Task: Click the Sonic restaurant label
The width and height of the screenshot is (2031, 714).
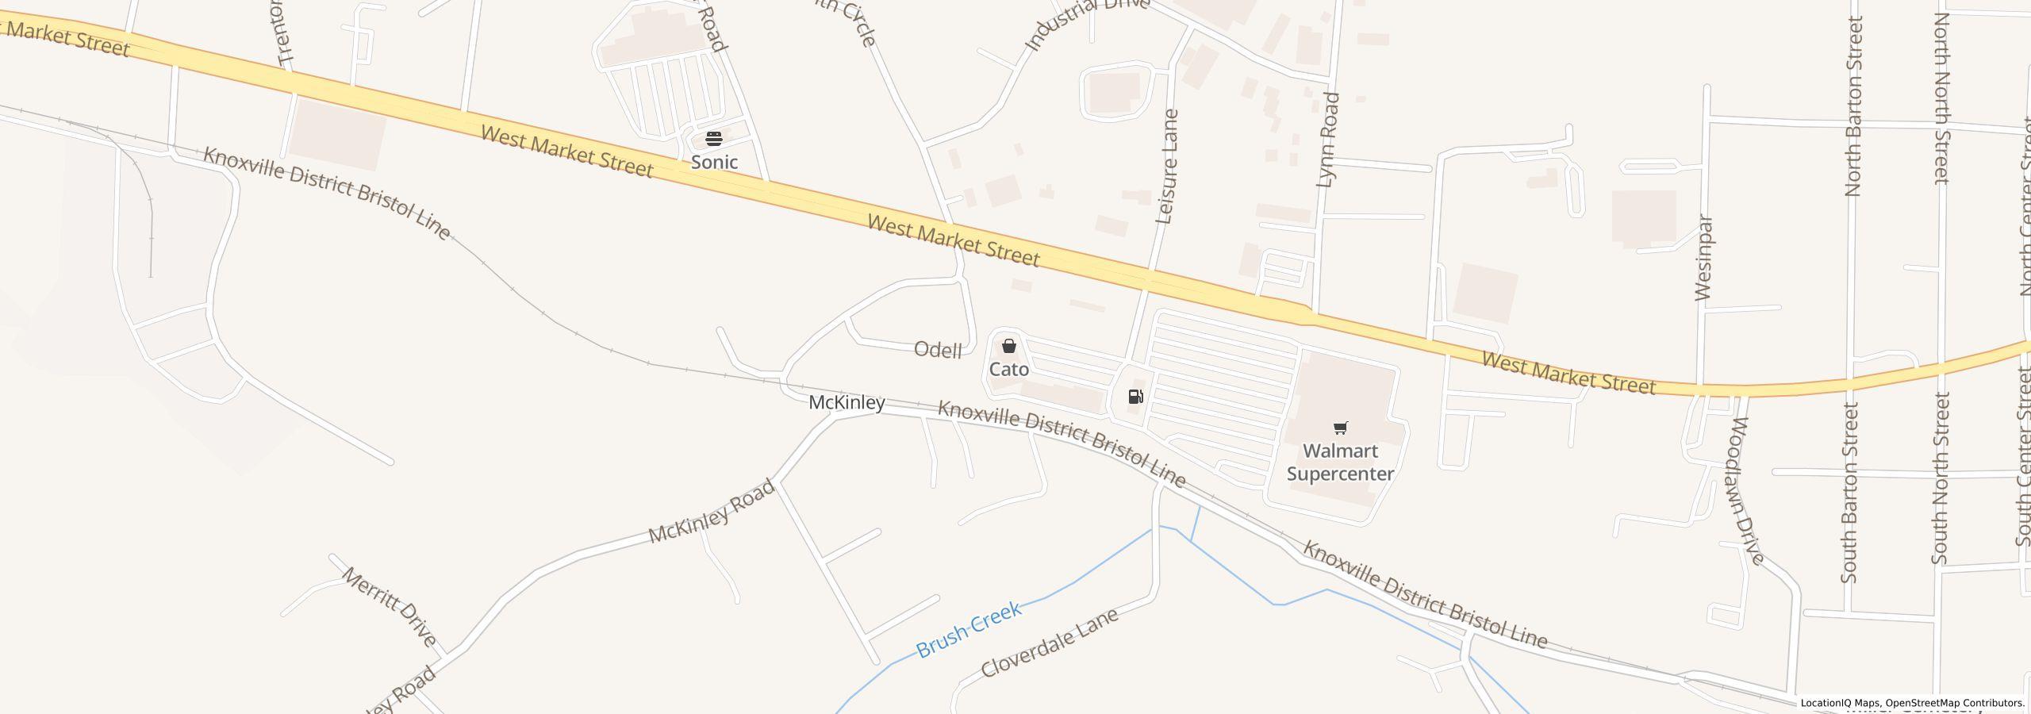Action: [714, 163]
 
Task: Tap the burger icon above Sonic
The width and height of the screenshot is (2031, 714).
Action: [714, 140]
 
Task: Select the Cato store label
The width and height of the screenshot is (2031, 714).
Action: [1008, 370]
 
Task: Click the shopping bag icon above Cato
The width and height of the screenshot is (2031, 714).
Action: [1008, 347]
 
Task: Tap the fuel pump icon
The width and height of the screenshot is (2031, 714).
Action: [1136, 397]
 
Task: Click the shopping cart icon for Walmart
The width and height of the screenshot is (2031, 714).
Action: [1340, 429]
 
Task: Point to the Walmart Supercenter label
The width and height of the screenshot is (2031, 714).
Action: [1340, 463]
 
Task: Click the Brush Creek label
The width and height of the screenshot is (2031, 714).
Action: [968, 631]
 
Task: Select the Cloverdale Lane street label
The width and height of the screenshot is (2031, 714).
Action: [1050, 643]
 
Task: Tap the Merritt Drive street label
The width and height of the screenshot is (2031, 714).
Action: [390, 607]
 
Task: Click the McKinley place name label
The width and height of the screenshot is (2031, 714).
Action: [847, 403]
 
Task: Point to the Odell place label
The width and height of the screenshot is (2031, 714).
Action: [938, 350]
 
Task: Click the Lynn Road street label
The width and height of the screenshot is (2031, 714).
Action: [1327, 140]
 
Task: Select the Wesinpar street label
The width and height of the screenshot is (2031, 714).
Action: [1704, 258]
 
